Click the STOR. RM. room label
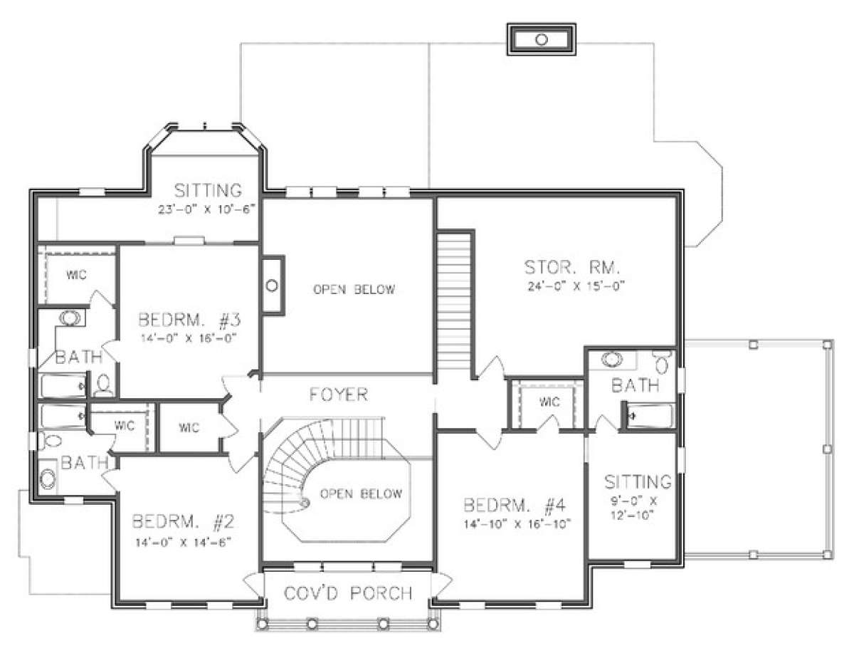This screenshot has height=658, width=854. (x=571, y=268)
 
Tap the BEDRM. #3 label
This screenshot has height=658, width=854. (x=189, y=320)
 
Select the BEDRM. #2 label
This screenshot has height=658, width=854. (x=183, y=521)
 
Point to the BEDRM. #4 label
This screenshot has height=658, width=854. (x=515, y=505)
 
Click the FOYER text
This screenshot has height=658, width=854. (x=339, y=395)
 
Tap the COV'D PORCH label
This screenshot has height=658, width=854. (x=348, y=593)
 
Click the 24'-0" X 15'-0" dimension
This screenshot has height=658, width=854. (x=576, y=286)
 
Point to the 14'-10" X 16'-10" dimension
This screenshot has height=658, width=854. (x=517, y=524)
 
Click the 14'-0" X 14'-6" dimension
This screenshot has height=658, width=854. (x=183, y=543)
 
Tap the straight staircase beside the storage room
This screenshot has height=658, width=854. (x=454, y=301)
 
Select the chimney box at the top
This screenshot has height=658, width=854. (x=542, y=39)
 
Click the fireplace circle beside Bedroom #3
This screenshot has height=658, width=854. (x=272, y=286)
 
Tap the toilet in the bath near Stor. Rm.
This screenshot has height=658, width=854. (x=663, y=362)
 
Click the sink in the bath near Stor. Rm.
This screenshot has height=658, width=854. (x=612, y=358)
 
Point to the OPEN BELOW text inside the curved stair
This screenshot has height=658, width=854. (x=362, y=493)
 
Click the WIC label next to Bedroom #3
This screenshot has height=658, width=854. (x=77, y=275)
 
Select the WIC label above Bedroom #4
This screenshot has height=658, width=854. (x=549, y=402)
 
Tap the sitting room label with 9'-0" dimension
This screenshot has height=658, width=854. (x=638, y=482)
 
